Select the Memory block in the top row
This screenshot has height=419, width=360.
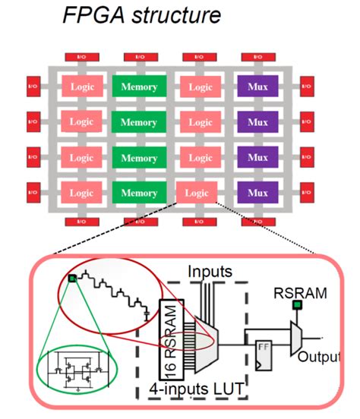coord(138,86)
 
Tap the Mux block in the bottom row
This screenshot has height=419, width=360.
coord(258,193)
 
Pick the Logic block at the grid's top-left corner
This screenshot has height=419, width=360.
coord(82,86)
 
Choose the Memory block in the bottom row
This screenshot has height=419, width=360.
coord(138,193)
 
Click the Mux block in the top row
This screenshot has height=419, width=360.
coord(258,86)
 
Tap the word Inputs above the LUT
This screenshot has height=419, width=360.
coord(210,269)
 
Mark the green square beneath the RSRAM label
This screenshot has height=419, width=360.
coord(298,306)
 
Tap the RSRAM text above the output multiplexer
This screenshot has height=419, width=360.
coord(297,291)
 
